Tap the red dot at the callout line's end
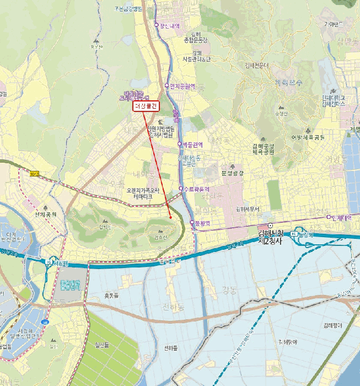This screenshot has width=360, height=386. coord(170,217)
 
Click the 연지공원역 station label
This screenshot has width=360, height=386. coord(182,86)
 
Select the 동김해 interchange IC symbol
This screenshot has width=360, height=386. coord(295,234)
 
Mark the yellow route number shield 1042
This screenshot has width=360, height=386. coord(35,174)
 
